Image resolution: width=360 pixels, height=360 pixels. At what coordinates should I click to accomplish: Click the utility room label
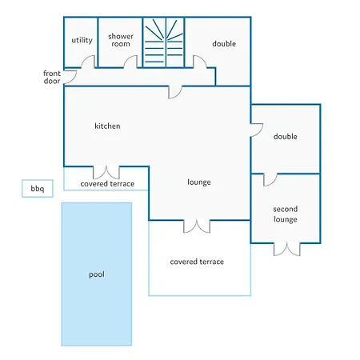(82, 40)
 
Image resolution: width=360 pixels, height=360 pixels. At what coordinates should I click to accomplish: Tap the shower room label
(121, 40)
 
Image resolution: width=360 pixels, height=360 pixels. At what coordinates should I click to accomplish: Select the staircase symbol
(163, 42)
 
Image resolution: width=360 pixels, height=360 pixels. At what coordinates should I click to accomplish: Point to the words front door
(52, 77)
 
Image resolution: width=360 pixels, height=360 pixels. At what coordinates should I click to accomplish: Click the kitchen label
(107, 126)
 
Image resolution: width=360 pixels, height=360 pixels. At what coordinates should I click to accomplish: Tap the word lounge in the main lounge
(199, 182)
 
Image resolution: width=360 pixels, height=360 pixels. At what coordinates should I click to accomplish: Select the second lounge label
(286, 214)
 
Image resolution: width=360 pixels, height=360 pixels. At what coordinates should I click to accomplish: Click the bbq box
(38, 189)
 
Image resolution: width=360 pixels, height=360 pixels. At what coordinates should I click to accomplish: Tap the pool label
(97, 274)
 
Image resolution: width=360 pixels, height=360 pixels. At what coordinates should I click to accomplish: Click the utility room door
(88, 62)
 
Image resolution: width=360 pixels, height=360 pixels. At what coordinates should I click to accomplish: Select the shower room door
(130, 62)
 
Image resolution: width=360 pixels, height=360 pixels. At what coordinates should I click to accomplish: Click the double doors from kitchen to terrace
(106, 173)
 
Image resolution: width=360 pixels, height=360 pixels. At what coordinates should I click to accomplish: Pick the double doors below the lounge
(197, 226)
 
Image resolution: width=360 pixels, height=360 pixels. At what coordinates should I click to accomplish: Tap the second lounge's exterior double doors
(287, 249)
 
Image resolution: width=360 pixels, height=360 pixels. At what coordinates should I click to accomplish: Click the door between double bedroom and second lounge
(270, 180)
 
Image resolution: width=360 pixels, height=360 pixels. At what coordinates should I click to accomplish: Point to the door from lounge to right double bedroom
(257, 130)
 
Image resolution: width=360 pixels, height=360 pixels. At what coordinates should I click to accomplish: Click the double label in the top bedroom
(224, 44)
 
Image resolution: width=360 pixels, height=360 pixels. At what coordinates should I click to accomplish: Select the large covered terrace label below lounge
(197, 262)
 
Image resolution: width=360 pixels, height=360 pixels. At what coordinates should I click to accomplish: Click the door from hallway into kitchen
(175, 92)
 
